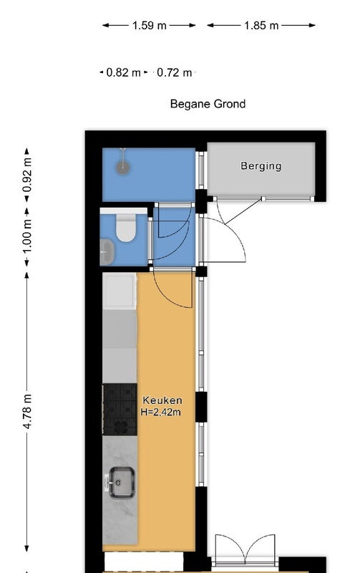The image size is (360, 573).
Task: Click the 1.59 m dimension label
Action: pos(149,26)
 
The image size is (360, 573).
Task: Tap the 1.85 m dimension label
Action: pos(261,26)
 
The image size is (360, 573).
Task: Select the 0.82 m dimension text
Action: pos(123,72)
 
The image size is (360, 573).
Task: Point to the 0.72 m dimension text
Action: pos(174,72)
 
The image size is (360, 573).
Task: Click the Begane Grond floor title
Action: pos(208,104)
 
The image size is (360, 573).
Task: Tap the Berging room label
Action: pos(261,166)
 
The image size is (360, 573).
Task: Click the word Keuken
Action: pos(162,400)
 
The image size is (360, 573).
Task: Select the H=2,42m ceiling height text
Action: pos(160,413)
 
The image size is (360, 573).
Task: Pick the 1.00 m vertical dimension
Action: pos(27,236)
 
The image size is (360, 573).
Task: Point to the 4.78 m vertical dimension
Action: pos(27,411)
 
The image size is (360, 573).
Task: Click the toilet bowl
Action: pos(125,228)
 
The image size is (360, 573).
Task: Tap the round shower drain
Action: pos(123,168)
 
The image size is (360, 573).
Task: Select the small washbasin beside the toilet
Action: pos(107,252)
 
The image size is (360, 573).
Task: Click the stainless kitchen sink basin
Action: pos(122,483)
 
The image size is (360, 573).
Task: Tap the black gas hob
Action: pos(120,409)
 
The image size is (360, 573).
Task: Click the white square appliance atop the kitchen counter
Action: pos(120,292)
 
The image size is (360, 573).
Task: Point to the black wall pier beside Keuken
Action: pos(201,407)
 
